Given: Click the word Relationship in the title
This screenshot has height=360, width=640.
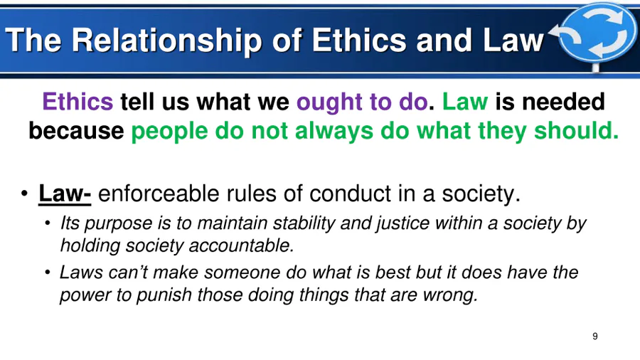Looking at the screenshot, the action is pyautogui.click(x=166, y=41).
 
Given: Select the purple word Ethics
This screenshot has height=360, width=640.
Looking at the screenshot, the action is pyautogui.click(x=78, y=101).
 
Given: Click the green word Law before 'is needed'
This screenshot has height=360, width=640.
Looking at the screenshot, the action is pyautogui.click(x=465, y=101).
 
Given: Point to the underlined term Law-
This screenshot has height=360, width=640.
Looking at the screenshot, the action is pyautogui.click(x=65, y=194).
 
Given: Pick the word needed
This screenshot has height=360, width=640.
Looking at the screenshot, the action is pyautogui.click(x=563, y=101).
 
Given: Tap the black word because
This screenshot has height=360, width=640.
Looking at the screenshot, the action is pyautogui.click(x=76, y=131).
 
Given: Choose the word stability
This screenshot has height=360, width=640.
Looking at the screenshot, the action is pyautogui.click(x=304, y=223).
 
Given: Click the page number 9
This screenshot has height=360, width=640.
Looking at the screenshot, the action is pyautogui.click(x=595, y=337).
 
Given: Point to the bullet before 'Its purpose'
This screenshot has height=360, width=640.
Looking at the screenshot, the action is pyautogui.click(x=48, y=223).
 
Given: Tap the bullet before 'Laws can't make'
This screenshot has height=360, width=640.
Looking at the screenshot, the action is pyautogui.click(x=48, y=272).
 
